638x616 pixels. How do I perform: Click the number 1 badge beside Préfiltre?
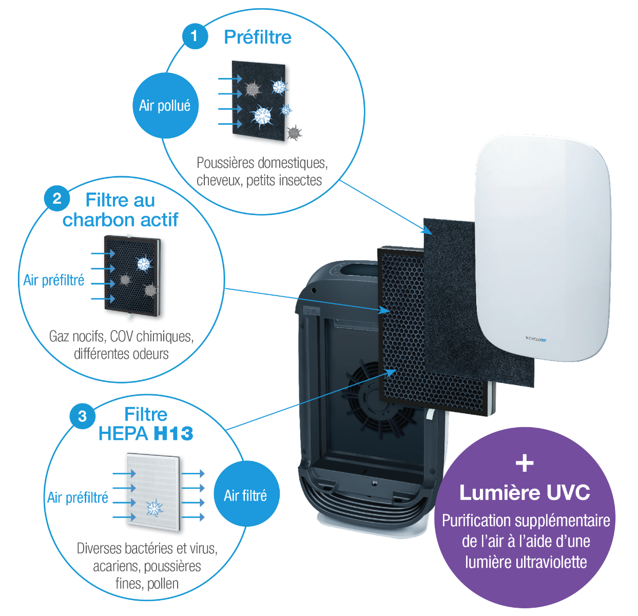coord(194,36)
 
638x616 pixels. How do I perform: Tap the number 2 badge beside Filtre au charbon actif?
coord(57,199)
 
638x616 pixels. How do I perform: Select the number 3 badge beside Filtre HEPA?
coord(82,416)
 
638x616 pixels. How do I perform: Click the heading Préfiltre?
coord(258,37)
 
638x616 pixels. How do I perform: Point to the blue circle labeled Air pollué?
coord(165,106)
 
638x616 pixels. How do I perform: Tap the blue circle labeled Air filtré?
coord(246,495)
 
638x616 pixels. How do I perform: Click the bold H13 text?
coord(173,434)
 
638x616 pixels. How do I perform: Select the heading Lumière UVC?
coord(525,493)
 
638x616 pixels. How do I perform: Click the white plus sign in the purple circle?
coord(525,464)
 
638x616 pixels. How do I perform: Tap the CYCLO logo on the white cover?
coord(536,339)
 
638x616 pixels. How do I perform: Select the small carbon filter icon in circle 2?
coord(132,276)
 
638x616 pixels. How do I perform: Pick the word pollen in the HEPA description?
coord(163,584)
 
